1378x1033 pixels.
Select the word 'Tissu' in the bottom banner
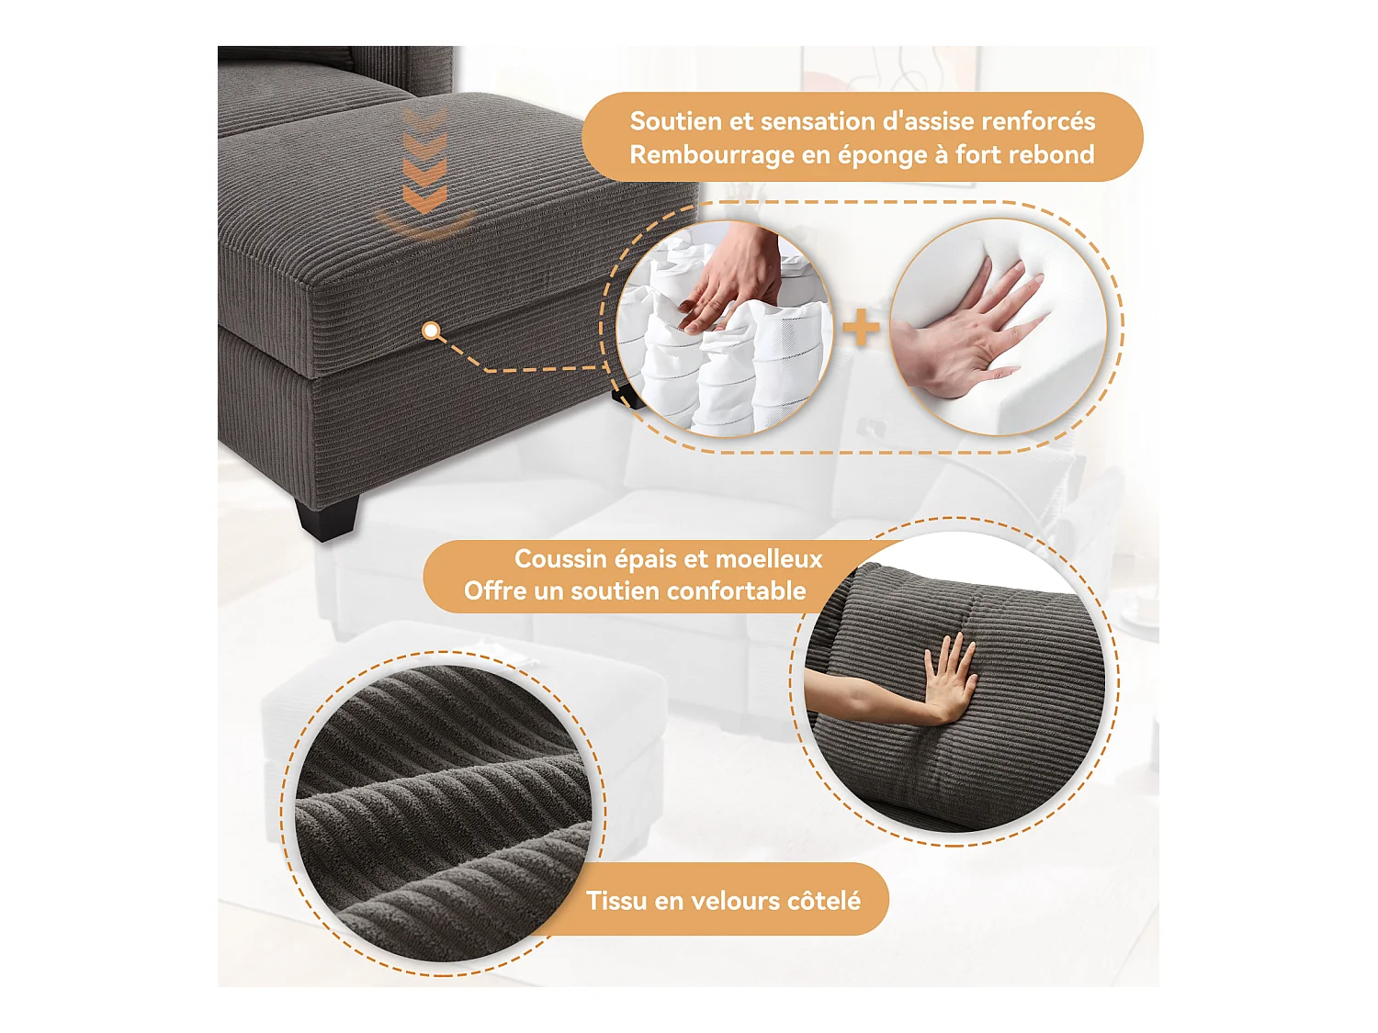[x=616, y=901]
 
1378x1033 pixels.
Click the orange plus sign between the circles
[x=861, y=328]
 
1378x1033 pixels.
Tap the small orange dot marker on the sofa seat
[x=431, y=331]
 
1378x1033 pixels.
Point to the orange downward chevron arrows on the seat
[x=424, y=165]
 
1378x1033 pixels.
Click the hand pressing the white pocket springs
[x=730, y=275]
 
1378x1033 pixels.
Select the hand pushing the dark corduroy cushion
[x=946, y=679]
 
